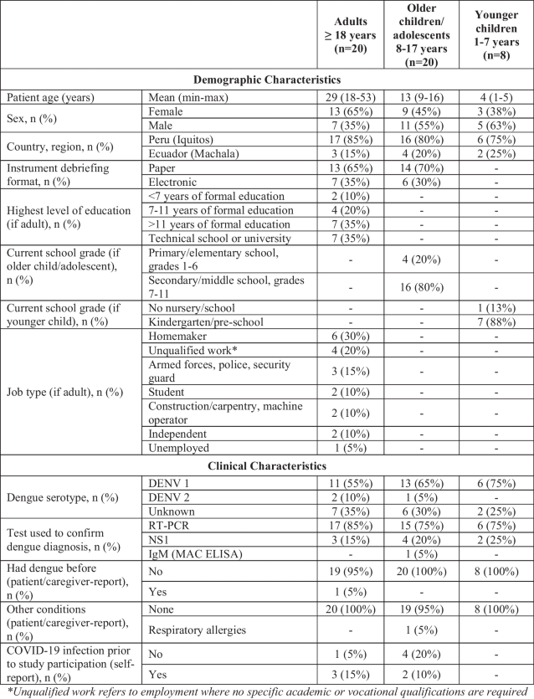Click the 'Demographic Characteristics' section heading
267,80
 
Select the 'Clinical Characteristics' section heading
267,465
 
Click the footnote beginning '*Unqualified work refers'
267,691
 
